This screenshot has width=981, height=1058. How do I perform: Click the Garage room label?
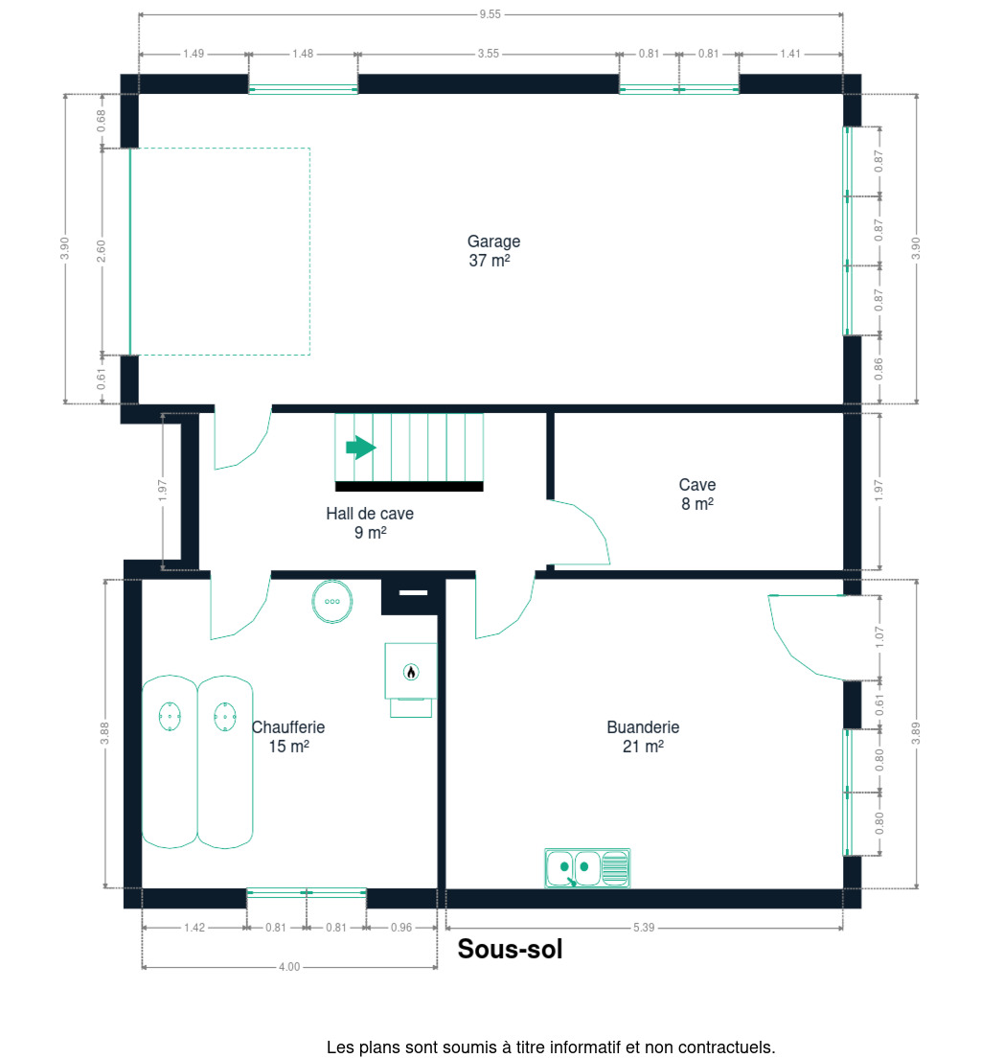(493, 251)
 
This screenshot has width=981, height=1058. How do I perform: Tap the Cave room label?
(697, 494)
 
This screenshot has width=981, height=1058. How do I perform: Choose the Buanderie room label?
(643, 737)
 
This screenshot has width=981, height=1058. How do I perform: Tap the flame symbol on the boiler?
(411, 672)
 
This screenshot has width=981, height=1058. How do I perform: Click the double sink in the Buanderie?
(587, 867)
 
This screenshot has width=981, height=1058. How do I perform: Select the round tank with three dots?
(331, 601)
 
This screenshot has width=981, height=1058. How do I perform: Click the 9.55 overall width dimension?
(490, 14)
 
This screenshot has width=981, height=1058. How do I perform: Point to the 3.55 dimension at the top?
(489, 54)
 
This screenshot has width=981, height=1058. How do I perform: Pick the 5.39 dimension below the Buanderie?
(644, 928)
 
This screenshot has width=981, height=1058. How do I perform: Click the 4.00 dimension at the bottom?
(289, 967)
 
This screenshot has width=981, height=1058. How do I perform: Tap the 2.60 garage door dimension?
(102, 251)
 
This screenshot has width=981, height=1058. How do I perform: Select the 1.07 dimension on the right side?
(879, 637)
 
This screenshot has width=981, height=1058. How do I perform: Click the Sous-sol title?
(510, 950)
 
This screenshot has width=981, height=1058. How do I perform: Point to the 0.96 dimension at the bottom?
(401, 928)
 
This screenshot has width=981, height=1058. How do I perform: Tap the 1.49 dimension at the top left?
(194, 54)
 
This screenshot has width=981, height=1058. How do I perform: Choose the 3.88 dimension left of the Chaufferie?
(104, 733)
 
